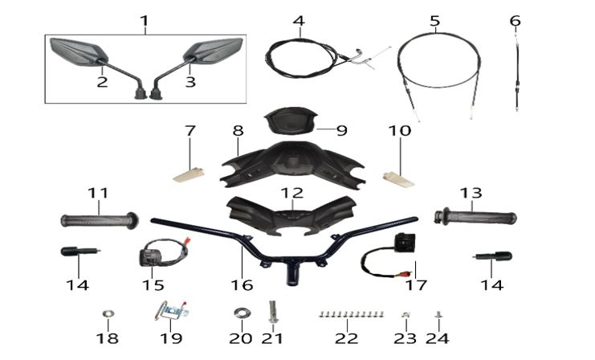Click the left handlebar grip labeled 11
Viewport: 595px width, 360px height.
100,220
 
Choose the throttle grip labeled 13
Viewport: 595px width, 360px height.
475,217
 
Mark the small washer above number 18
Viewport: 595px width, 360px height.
108,313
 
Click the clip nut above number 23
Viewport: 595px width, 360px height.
405,314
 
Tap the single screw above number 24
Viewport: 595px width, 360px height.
439,315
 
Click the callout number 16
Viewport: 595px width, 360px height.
242,284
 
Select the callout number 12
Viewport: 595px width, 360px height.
292,194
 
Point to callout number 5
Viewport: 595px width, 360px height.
435,21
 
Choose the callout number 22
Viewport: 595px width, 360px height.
346,338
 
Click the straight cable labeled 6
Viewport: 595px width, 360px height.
517,72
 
